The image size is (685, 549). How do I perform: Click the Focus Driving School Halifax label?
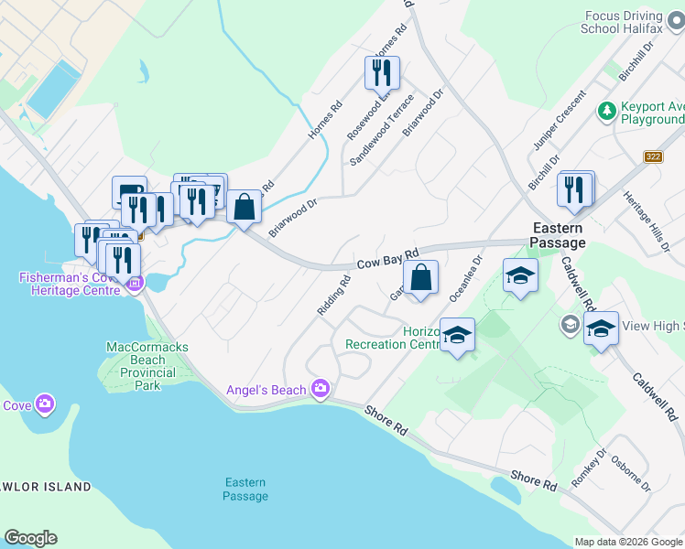coord(633,21)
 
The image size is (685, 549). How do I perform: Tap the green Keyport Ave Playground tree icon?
coord(605,111)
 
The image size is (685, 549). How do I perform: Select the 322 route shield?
coord(652,156)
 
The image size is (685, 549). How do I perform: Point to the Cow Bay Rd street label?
coord(387,259)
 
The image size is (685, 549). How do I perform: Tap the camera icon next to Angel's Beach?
coord(320,390)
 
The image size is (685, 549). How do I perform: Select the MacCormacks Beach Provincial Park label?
coord(147,366)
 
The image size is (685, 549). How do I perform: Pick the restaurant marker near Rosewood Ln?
coord(383,72)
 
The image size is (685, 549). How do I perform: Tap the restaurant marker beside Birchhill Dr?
coord(575,188)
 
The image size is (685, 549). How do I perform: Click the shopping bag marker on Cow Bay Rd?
coord(420,278)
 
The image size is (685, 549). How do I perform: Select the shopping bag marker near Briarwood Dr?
coord(245,207)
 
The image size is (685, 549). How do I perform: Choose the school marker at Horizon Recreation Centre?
coord(457,336)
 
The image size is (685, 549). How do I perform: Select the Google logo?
coord(30,538)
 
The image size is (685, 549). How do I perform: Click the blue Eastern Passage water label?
coord(245,490)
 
